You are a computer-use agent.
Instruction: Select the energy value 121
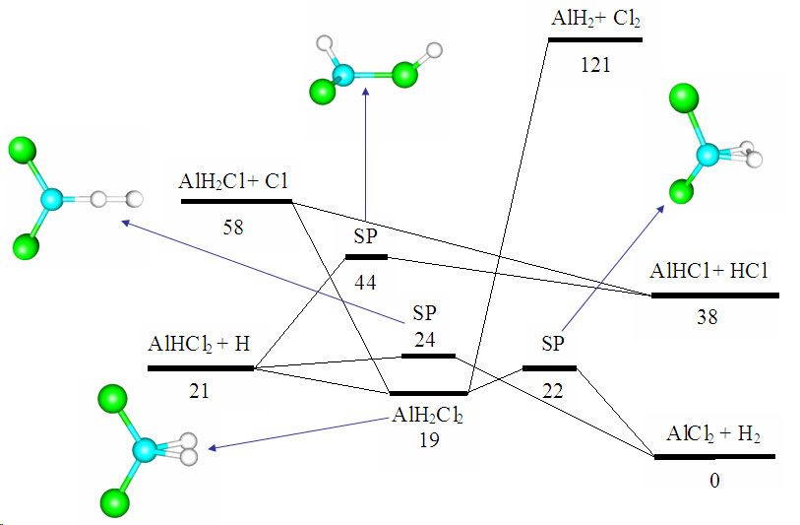pyautogui.click(x=595, y=66)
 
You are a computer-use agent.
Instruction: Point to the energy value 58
pyautogui.click(x=235, y=228)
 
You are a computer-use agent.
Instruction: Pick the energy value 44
pyautogui.click(x=366, y=284)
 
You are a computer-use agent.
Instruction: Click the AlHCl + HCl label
pyautogui.click(x=713, y=272)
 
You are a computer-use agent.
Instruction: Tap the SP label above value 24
pyautogui.click(x=424, y=313)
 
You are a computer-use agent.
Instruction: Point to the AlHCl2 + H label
pyautogui.click(x=199, y=346)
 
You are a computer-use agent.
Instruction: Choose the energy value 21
pyautogui.click(x=201, y=391)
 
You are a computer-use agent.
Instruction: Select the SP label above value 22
pyautogui.click(x=553, y=344)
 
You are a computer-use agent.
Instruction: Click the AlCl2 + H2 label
pyautogui.click(x=714, y=434)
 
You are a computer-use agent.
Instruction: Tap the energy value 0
pyautogui.click(x=714, y=481)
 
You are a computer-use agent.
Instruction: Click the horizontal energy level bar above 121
pyautogui.click(x=594, y=39)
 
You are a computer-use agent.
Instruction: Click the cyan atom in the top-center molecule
pyautogui.click(x=342, y=75)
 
